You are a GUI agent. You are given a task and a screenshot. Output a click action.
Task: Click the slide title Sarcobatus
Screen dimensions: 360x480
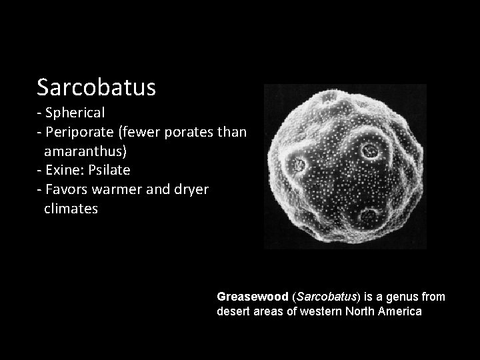tap(96, 87)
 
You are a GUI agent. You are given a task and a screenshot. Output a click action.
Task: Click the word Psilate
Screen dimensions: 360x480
tap(108, 171)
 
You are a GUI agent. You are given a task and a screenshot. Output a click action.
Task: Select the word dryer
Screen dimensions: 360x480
tap(191, 190)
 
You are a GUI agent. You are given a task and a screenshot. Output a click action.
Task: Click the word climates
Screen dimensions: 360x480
tap(71, 209)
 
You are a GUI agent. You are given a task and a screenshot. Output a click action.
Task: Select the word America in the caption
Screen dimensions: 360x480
tap(399, 311)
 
